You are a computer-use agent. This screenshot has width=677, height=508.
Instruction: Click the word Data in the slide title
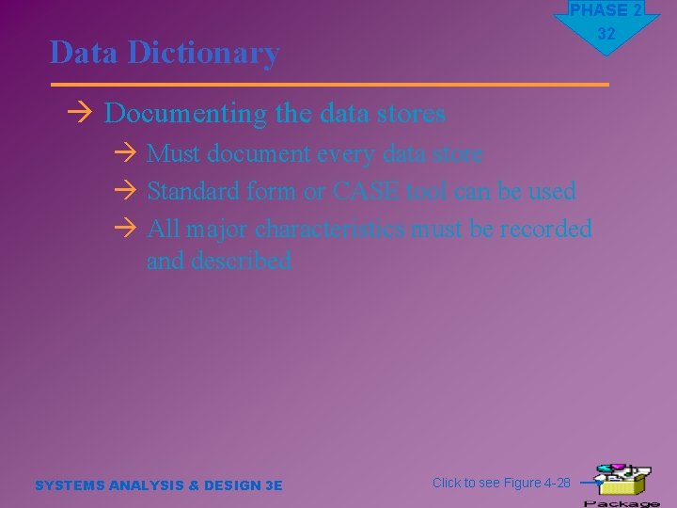point(85,53)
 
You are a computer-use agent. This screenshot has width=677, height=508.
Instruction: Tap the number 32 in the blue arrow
point(606,34)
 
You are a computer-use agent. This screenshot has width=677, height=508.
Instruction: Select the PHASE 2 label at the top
point(606,10)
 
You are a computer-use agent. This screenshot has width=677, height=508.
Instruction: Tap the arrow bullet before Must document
point(128,153)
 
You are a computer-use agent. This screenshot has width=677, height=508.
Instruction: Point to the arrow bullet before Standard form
point(128,191)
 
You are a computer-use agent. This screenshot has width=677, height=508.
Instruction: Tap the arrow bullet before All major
point(128,229)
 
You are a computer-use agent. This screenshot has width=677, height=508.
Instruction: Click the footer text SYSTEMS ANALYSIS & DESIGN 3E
point(158,485)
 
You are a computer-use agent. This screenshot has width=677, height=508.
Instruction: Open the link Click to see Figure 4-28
point(501,483)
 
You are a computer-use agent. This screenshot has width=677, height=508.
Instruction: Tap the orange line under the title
point(329,85)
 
